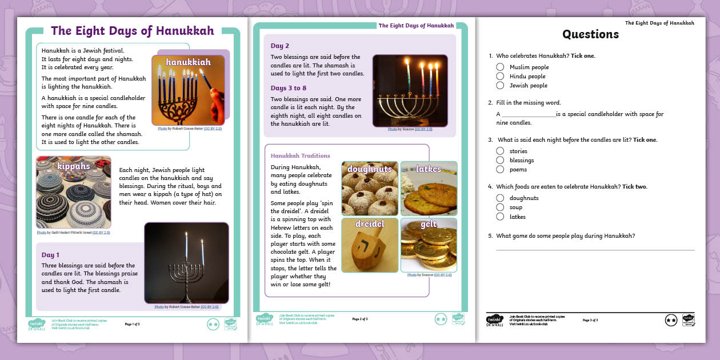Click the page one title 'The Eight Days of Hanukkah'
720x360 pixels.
tap(132, 31)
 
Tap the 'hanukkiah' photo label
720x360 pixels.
tap(188, 62)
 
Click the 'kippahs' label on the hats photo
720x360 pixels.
tap(74, 166)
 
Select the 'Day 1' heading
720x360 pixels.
tap(50, 255)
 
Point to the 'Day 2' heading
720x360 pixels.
tap(280, 46)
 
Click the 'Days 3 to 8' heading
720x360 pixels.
tap(289, 88)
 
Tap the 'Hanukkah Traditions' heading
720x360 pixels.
tap(300, 155)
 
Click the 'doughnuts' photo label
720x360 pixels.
tap(370, 169)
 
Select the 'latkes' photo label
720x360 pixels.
tap(429, 169)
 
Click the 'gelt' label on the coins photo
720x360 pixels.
tap(429, 225)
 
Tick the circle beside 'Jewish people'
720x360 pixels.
tap(500, 85)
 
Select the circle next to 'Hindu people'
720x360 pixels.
tap(500, 76)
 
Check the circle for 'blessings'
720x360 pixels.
tap(500, 160)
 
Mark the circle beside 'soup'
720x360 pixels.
tap(500, 207)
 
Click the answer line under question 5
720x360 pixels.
tap(594, 250)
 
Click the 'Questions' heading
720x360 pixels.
tap(590, 34)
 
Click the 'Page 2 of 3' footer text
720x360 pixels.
tap(360, 319)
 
